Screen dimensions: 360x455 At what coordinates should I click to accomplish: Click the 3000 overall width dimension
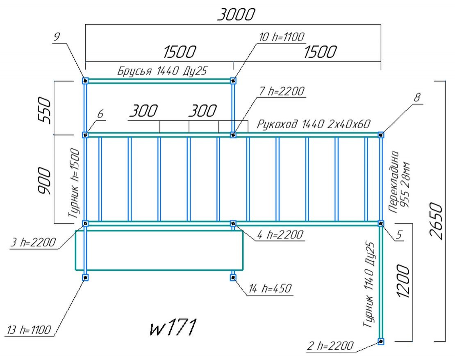(236, 15)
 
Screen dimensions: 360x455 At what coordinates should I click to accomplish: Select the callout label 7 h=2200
(282, 92)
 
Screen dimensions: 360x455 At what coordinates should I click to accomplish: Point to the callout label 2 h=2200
(330, 346)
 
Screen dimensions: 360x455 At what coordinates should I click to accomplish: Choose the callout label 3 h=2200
(33, 243)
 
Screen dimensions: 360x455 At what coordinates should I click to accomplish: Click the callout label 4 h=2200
(281, 235)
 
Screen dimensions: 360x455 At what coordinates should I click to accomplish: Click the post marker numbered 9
(85, 81)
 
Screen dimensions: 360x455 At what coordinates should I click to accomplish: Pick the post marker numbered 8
(381, 134)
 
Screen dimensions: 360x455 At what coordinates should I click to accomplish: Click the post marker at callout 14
(233, 278)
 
